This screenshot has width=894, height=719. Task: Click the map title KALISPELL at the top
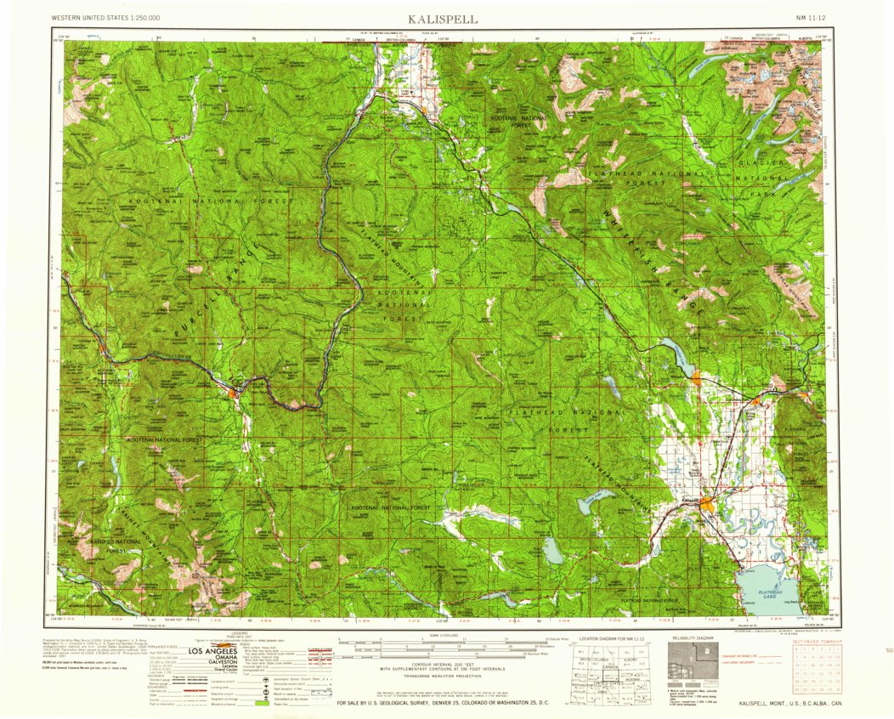[442, 18]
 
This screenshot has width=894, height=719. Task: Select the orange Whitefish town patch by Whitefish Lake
[696, 379]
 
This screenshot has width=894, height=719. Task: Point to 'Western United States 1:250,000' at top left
[105, 18]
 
